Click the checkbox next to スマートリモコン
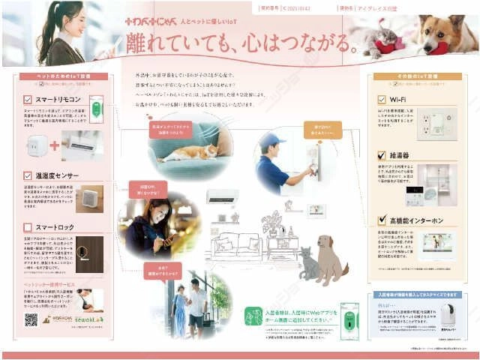pyautogui.click(x=28, y=99)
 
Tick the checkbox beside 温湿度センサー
pyautogui.click(x=28, y=176)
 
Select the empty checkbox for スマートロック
pyautogui.click(x=28, y=226)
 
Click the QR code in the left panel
pyautogui.click(x=31, y=319)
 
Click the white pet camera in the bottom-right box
pyautogui.click(x=448, y=318)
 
